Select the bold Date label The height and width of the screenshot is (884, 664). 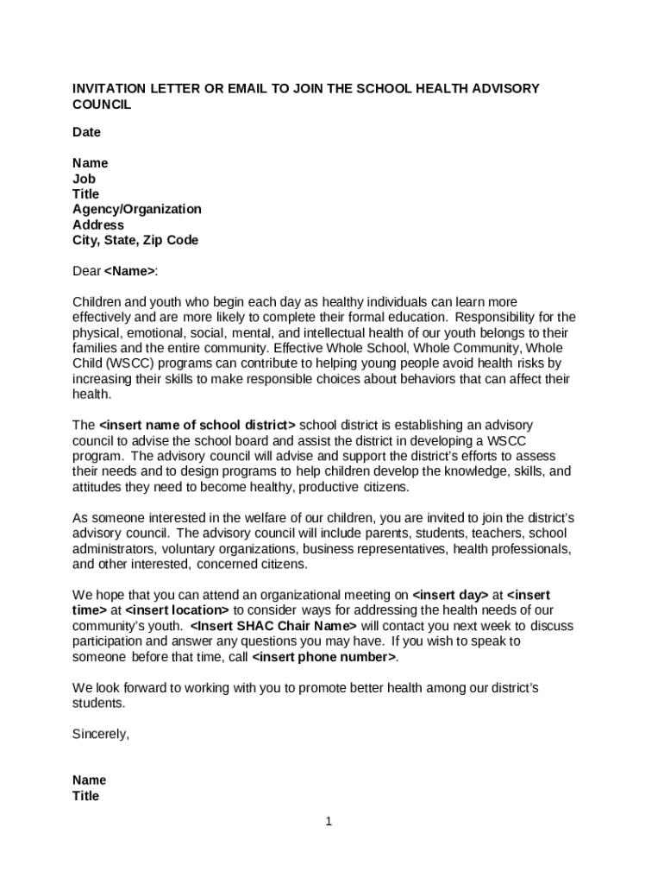pyautogui.click(x=86, y=132)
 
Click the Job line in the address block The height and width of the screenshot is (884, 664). pyautogui.click(x=84, y=179)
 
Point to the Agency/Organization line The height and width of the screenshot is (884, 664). pyautogui.click(x=136, y=209)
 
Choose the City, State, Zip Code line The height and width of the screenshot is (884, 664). pyautogui.click(x=135, y=240)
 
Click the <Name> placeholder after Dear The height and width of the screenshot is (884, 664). pyautogui.click(x=129, y=271)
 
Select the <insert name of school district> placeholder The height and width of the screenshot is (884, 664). pyautogui.click(x=197, y=425)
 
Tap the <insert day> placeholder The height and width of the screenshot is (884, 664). pyautogui.click(x=450, y=595)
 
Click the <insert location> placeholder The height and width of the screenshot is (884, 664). pyautogui.click(x=177, y=610)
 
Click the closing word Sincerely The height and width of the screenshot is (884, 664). pyautogui.click(x=100, y=735)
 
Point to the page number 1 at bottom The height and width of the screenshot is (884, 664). pyautogui.click(x=329, y=822)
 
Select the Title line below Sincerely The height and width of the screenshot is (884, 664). pyautogui.click(x=85, y=796)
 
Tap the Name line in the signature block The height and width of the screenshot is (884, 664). pyautogui.click(x=90, y=780)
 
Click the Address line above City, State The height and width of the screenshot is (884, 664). pyautogui.click(x=97, y=224)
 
